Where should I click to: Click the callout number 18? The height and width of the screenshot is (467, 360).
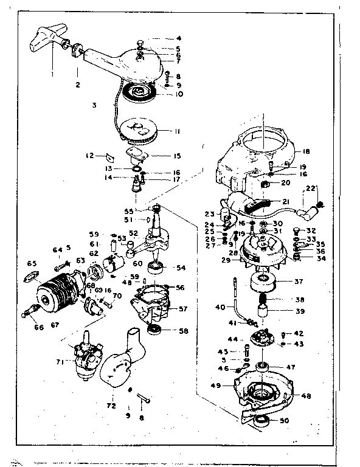306,151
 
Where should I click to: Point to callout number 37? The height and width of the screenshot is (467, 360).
299,282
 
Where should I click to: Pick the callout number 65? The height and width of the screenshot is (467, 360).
32,264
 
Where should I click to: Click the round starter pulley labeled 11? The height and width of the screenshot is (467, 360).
139,130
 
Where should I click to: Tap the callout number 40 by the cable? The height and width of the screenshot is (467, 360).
220,306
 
